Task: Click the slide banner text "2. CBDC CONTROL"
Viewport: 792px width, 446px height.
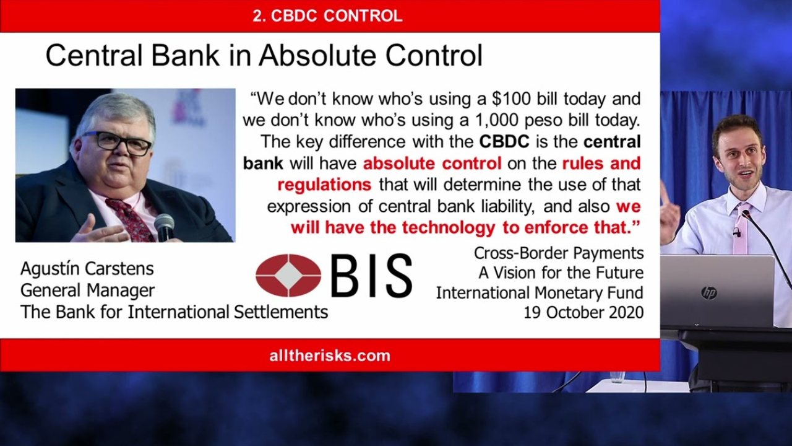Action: pos(327,16)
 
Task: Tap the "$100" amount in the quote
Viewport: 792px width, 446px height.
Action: pos(511,98)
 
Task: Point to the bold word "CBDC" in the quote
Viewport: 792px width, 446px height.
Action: pos(504,142)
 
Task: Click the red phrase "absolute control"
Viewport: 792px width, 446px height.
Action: pos(432,163)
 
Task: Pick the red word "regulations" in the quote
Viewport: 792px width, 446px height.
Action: pos(324,185)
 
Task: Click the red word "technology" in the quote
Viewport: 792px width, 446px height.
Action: pos(449,227)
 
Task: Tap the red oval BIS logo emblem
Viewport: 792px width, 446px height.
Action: pos(288,276)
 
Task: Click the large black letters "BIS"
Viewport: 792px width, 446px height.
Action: pos(372,276)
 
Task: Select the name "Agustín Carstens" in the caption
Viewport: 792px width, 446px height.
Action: pos(87,269)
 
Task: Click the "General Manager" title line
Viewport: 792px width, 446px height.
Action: pos(87,291)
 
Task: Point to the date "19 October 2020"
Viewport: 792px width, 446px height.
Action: pos(583,313)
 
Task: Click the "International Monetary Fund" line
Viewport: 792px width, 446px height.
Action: pos(540,293)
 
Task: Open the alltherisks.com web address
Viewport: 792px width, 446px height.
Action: pos(330,356)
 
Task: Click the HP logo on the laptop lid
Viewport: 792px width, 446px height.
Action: pos(709,293)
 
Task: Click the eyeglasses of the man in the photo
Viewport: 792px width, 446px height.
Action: pos(118,143)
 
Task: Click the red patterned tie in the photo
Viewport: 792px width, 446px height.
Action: pos(130,219)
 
